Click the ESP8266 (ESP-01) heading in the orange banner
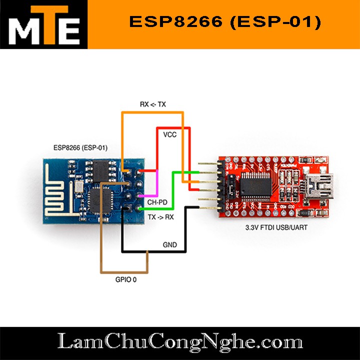pyautogui.click(x=224, y=22)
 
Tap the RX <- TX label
pyautogui.click(x=152, y=104)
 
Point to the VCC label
pyautogui.click(x=169, y=134)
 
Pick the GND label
pyautogui.click(x=169, y=245)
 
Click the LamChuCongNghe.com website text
pyautogui.click(x=180, y=342)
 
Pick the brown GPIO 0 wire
pyautogui.click(x=101, y=235)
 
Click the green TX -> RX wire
pyautogui.click(x=173, y=190)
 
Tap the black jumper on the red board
pyautogui.click(x=230, y=189)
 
